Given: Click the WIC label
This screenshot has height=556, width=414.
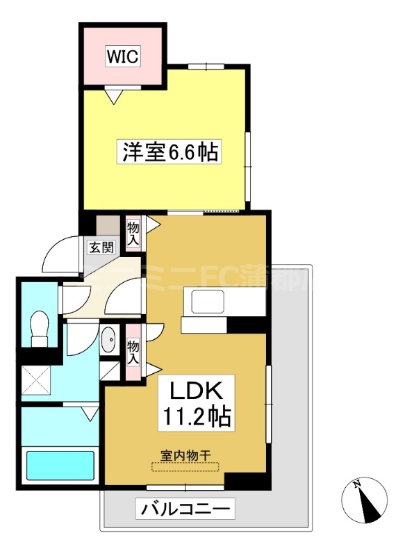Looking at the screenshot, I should coord(123,56).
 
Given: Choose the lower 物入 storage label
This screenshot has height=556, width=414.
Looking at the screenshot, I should coord(133,351).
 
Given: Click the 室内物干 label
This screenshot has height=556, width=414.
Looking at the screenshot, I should coord(185,455).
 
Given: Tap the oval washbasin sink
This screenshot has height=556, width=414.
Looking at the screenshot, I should coord(110,341).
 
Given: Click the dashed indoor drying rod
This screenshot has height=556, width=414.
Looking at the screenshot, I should coord(185,468).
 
